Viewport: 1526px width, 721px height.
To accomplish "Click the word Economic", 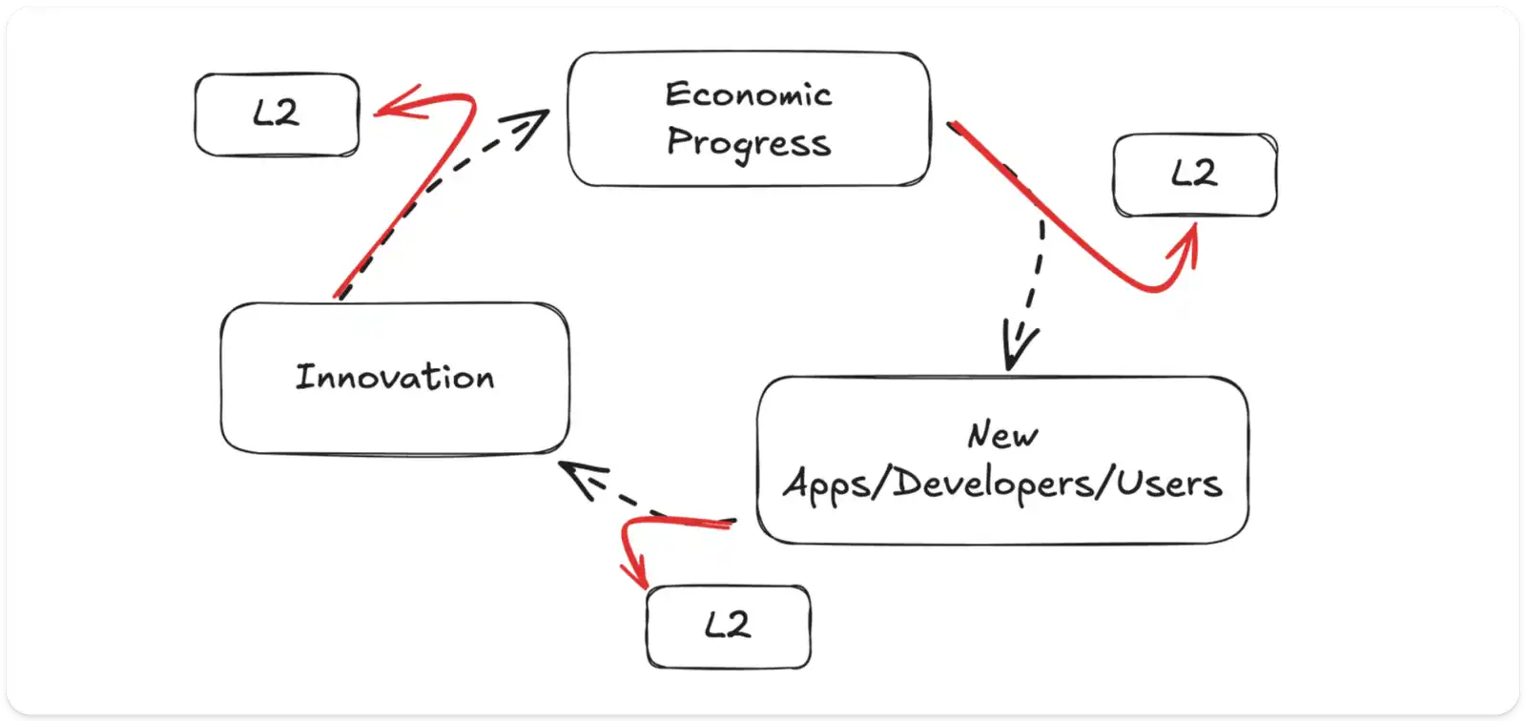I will (x=749, y=94).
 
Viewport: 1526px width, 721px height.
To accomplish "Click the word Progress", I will (x=749, y=143).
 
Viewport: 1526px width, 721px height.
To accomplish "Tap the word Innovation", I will (x=395, y=377).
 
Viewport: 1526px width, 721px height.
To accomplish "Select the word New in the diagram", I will (x=1002, y=435).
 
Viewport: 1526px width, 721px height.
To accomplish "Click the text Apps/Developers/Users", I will (x=1002, y=483).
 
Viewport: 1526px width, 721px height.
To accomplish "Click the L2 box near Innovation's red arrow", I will (x=277, y=114).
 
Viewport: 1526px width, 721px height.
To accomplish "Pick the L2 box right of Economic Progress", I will (x=1194, y=175).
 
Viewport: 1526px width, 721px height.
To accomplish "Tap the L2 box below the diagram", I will (x=728, y=626).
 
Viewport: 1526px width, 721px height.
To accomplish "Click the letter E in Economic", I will (x=676, y=94).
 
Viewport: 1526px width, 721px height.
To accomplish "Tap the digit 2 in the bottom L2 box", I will (x=738, y=626).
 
